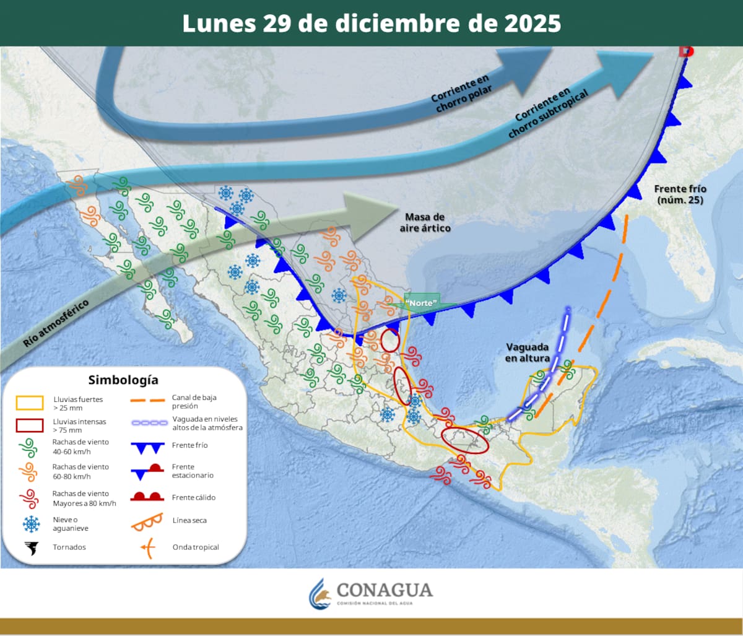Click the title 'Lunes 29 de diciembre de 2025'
pos(371,24)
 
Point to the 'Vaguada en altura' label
pos(528,352)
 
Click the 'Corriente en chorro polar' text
pos(461,94)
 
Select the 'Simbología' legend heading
pos(123,380)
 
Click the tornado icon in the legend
pos(30,547)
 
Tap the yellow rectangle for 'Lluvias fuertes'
pos(29,403)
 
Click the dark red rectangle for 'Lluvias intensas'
pos(29,425)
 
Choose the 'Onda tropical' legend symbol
pos(147,547)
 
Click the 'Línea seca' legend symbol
pos(147,521)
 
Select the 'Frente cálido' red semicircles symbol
pos(147,497)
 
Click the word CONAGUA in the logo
pos(385,590)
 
